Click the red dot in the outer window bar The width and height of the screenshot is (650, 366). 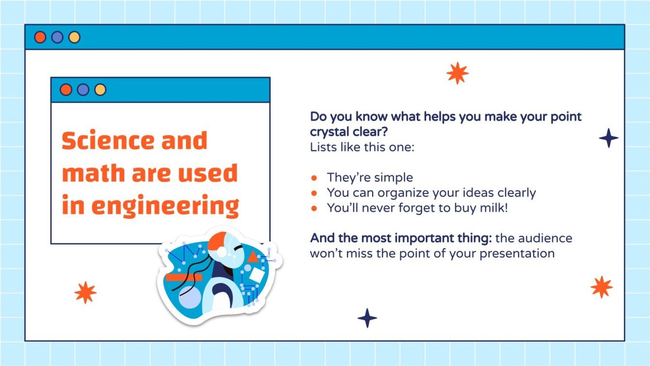[40, 37]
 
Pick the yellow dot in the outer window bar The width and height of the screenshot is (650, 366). [74, 37]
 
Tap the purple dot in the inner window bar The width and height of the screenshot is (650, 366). [83, 90]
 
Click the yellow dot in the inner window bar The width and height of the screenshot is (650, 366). [100, 90]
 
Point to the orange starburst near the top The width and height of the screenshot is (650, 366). [457, 73]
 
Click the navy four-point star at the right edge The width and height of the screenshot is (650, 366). [608, 139]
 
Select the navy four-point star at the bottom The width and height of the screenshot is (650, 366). [367, 318]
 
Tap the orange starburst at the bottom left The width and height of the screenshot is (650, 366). [86, 293]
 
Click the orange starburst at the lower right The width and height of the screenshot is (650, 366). [601, 287]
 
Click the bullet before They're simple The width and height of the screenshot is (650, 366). [314, 178]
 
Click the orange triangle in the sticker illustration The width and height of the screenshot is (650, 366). [253, 257]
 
